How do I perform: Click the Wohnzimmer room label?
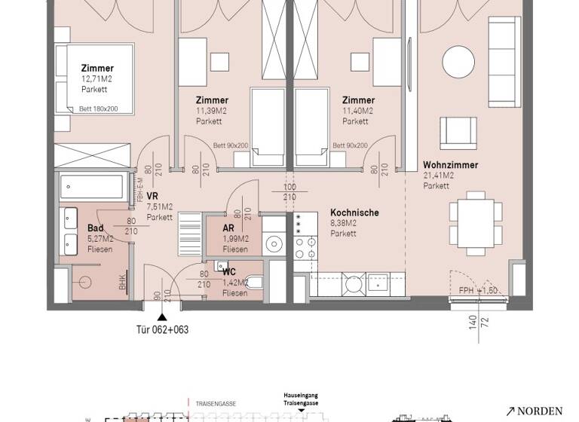click(x=450, y=165)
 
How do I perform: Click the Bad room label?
click(x=95, y=228)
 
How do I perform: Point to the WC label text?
click(x=229, y=271)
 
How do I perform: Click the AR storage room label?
click(x=229, y=228)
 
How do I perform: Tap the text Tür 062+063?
click(x=161, y=329)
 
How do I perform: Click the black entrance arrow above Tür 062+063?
click(x=161, y=316)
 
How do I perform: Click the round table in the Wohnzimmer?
click(x=458, y=59)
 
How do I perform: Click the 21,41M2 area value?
click(x=440, y=176)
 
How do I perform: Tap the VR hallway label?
click(x=152, y=194)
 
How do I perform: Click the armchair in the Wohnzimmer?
click(x=458, y=132)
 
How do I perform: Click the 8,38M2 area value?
click(x=343, y=224)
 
